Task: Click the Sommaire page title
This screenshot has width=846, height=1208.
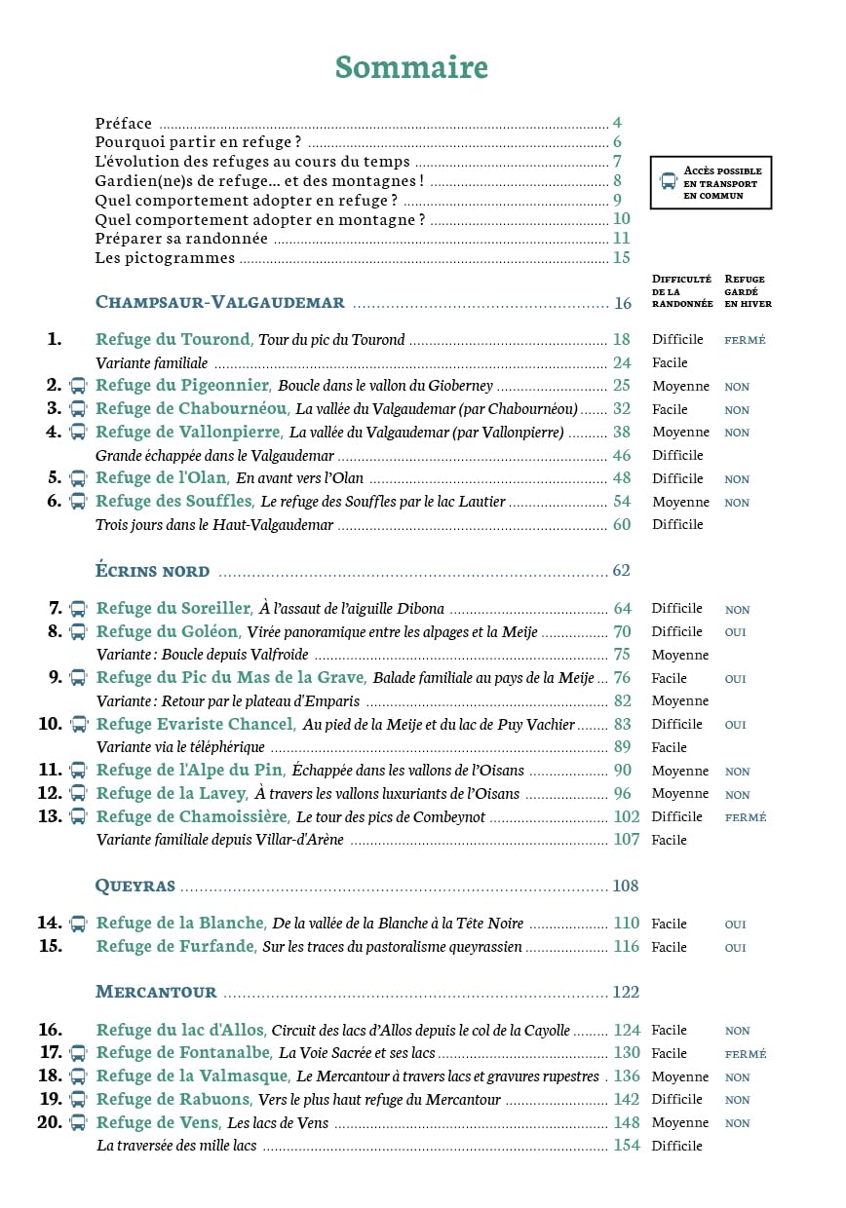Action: pyautogui.click(x=411, y=67)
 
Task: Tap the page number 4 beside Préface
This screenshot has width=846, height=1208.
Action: pyautogui.click(x=617, y=123)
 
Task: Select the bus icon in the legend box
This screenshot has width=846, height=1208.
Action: pyautogui.click(x=669, y=181)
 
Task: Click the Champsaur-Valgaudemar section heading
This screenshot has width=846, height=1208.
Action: pyautogui.click(x=220, y=302)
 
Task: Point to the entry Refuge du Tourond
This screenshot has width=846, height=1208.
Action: pyautogui.click(x=173, y=340)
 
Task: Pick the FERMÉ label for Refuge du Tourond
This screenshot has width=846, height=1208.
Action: pyautogui.click(x=745, y=341)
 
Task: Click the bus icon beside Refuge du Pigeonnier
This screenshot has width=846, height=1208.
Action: pyautogui.click(x=78, y=385)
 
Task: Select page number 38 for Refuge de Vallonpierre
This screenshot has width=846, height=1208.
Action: pyautogui.click(x=622, y=432)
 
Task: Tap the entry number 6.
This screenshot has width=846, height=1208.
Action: pyautogui.click(x=54, y=501)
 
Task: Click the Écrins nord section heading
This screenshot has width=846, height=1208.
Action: pyautogui.click(x=152, y=571)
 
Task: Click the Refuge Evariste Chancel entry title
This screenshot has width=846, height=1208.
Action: pyautogui.click(x=195, y=724)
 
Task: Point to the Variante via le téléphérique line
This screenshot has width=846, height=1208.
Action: pyautogui.click(x=181, y=747)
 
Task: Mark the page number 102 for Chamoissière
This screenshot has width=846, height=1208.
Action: pyautogui.click(x=626, y=816)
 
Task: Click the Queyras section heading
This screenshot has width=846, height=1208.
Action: pyautogui.click(x=135, y=886)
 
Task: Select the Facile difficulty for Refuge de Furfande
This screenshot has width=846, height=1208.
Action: pyautogui.click(x=670, y=947)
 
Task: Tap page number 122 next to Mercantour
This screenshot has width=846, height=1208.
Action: pyautogui.click(x=626, y=992)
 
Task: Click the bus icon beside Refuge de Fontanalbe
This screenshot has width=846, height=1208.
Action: pyautogui.click(x=78, y=1053)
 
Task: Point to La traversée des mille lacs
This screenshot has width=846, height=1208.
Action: pyautogui.click(x=176, y=1146)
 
